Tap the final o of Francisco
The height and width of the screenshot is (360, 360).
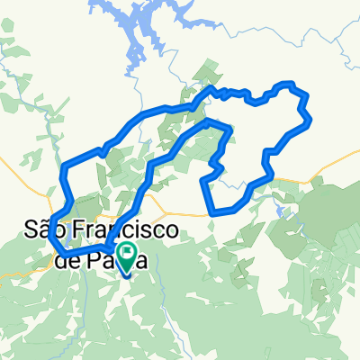168,234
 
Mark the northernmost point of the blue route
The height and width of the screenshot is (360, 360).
287,84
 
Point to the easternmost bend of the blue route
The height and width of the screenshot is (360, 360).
309,119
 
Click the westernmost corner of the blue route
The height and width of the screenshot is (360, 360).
50,225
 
